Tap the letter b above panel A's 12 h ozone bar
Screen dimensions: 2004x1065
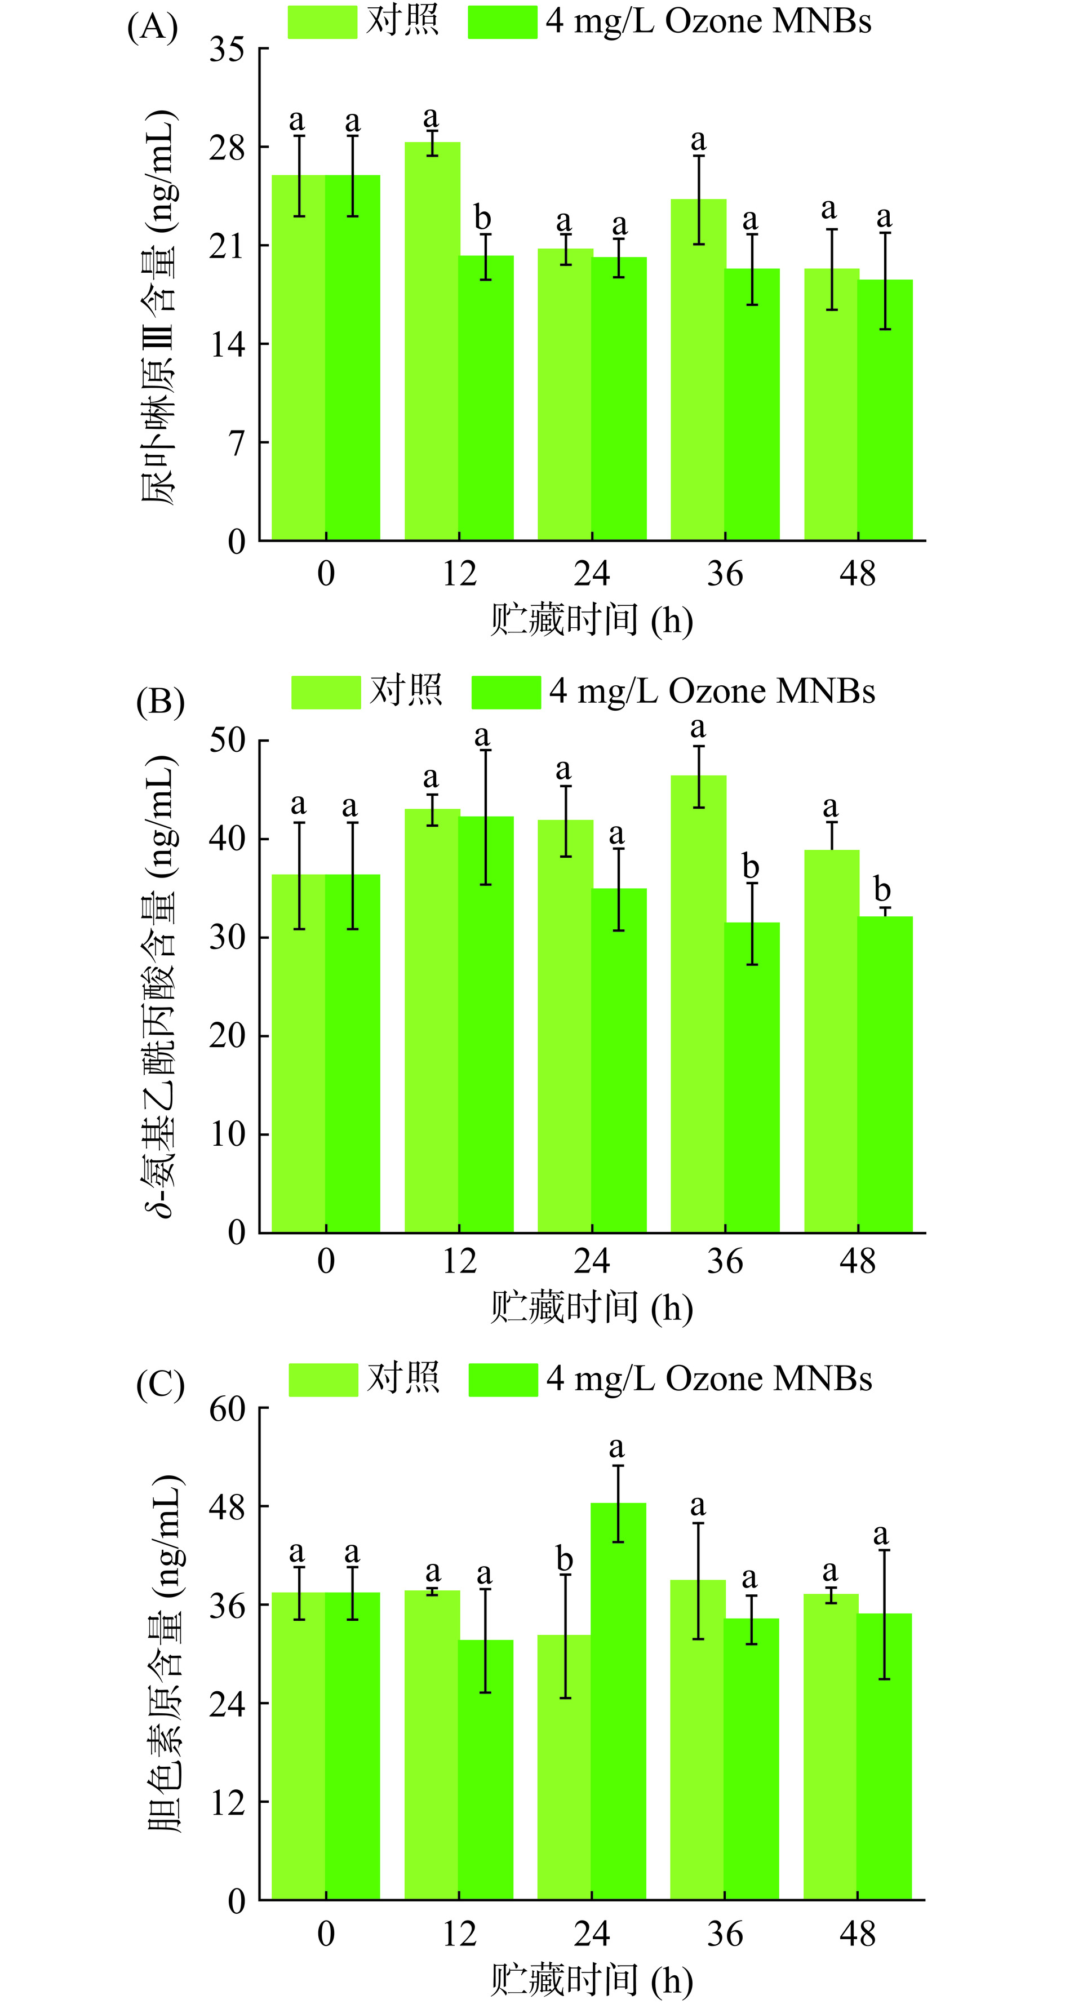pos(482,219)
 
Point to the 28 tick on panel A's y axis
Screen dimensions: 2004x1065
pos(227,148)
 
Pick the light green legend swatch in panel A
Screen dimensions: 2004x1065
pos(322,22)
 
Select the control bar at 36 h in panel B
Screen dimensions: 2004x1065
pos(698,1004)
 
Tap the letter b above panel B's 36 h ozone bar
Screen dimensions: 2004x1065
pos(750,866)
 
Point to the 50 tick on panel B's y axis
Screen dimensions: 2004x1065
pos(227,740)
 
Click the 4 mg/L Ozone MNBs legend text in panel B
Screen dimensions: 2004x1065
pos(712,691)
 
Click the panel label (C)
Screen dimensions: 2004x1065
pos(160,1384)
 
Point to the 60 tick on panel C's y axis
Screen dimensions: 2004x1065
pos(227,1408)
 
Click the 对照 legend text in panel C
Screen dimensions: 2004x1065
pos(403,1378)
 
